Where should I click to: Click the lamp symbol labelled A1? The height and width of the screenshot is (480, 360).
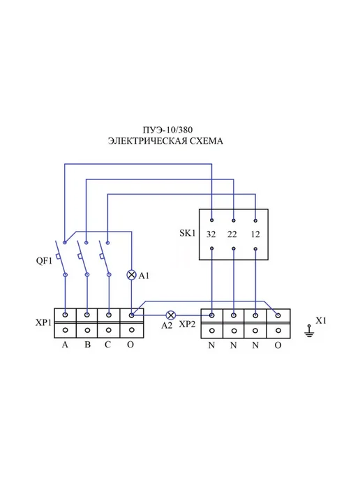131,275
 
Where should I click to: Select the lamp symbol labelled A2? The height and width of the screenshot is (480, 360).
170,315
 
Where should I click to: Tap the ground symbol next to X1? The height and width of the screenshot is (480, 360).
309,331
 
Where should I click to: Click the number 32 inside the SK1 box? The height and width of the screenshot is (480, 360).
211,234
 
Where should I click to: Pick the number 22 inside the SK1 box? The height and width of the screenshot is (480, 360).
232,234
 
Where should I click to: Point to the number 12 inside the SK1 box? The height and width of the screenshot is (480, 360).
255,234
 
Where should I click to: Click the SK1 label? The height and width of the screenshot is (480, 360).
188,233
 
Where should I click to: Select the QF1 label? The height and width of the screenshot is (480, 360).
44,261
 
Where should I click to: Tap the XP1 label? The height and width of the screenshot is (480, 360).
43,322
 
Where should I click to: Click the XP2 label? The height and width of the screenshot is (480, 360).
187,324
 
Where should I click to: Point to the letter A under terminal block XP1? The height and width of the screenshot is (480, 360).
65,345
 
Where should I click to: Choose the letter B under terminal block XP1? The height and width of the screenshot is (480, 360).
87,345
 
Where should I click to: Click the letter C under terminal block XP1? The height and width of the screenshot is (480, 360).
107,345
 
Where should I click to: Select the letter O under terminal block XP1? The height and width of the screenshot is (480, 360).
130,345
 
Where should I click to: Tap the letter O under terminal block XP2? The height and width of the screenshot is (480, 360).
278,345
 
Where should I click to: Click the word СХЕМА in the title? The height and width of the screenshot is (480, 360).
207,141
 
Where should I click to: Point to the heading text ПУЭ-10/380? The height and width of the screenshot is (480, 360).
167,130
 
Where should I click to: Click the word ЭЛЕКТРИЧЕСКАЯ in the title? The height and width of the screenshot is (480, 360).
148,141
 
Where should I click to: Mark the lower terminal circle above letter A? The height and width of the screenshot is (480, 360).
65,330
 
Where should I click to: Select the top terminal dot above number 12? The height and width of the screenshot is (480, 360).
255,220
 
